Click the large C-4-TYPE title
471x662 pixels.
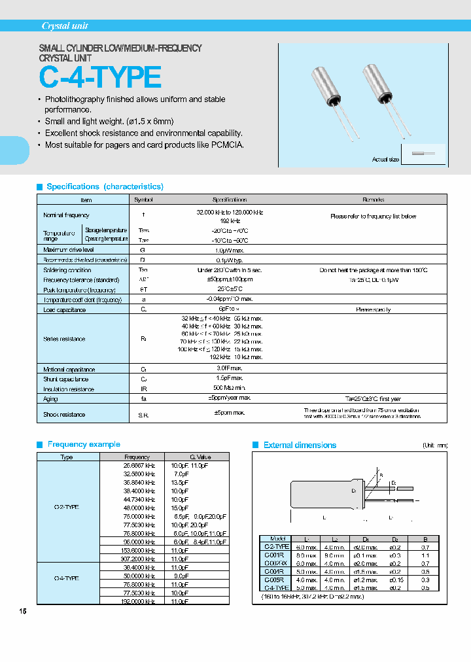100,78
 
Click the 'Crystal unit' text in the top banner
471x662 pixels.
65,26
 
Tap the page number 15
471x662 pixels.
24,612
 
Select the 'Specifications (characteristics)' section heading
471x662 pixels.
105,186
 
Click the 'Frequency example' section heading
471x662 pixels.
84,444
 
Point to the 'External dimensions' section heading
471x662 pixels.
300,445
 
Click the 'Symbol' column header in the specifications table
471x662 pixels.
143,200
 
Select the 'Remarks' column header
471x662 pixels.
373,200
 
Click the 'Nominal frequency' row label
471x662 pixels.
66,215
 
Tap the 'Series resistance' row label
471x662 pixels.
64,339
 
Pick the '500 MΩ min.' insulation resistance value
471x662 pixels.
230,389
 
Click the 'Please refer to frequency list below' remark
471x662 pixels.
373,217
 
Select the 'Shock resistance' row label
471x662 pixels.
64,414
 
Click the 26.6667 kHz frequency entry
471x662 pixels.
139,465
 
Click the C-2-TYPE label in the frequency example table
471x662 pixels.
67,507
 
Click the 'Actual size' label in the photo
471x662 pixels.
385,160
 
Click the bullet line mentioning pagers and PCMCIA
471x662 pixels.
144,145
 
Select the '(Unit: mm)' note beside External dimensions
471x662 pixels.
435,445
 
